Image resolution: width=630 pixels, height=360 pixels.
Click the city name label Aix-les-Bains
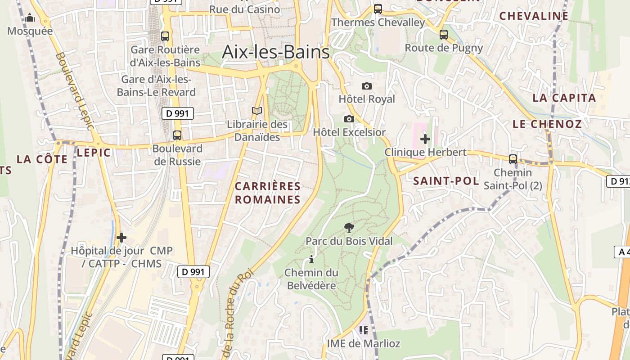pyautogui.click(x=276, y=52)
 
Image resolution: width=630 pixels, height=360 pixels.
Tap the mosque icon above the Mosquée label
pyautogui.click(x=30, y=18)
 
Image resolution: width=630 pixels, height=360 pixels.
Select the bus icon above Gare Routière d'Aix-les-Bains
pyautogui.click(x=165, y=36)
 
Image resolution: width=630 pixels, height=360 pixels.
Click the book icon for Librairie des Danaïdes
pyautogui.click(x=257, y=111)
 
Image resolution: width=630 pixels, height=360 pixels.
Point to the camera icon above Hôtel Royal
pyautogui.click(x=367, y=86)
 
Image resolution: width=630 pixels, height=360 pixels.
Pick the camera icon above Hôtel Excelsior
pyautogui.click(x=349, y=119)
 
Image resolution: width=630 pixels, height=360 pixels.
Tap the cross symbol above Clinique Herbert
pyautogui.click(x=425, y=139)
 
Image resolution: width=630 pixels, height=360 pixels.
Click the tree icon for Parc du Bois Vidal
pyautogui.click(x=349, y=228)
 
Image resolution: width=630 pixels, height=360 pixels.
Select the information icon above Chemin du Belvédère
pyautogui.click(x=311, y=260)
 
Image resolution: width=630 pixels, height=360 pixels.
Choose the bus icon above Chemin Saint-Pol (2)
pyautogui.click(x=513, y=159)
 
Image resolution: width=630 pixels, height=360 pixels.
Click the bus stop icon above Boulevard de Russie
pyautogui.click(x=177, y=135)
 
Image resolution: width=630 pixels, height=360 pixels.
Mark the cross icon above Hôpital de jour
pyautogui.click(x=121, y=238)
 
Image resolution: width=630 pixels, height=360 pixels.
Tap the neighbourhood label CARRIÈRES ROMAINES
pyautogui.click(x=267, y=193)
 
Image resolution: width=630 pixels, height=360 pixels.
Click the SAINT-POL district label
pyautogui.click(x=446, y=181)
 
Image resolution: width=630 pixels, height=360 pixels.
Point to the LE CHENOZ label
pyautogui.click(x=547, y=124)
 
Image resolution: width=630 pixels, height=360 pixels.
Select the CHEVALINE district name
pyautogui.click(x=534, y=16)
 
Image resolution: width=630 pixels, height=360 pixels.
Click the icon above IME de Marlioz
pyautogui.click(x=364, y=331)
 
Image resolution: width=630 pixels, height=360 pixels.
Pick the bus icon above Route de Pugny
pyautogui.click(x=444, y=35)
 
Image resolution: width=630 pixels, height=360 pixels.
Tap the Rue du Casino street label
pyautogui.click(x=244, y=9)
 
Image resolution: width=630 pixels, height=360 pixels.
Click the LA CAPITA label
pyautogui.click(x=564, y=98)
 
